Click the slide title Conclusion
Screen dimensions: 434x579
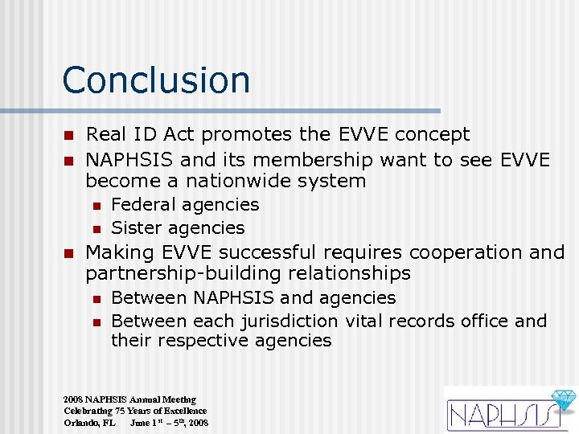click(156, 80)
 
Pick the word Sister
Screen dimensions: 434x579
click(136, 228)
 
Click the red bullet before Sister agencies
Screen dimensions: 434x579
click(96, 229)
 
